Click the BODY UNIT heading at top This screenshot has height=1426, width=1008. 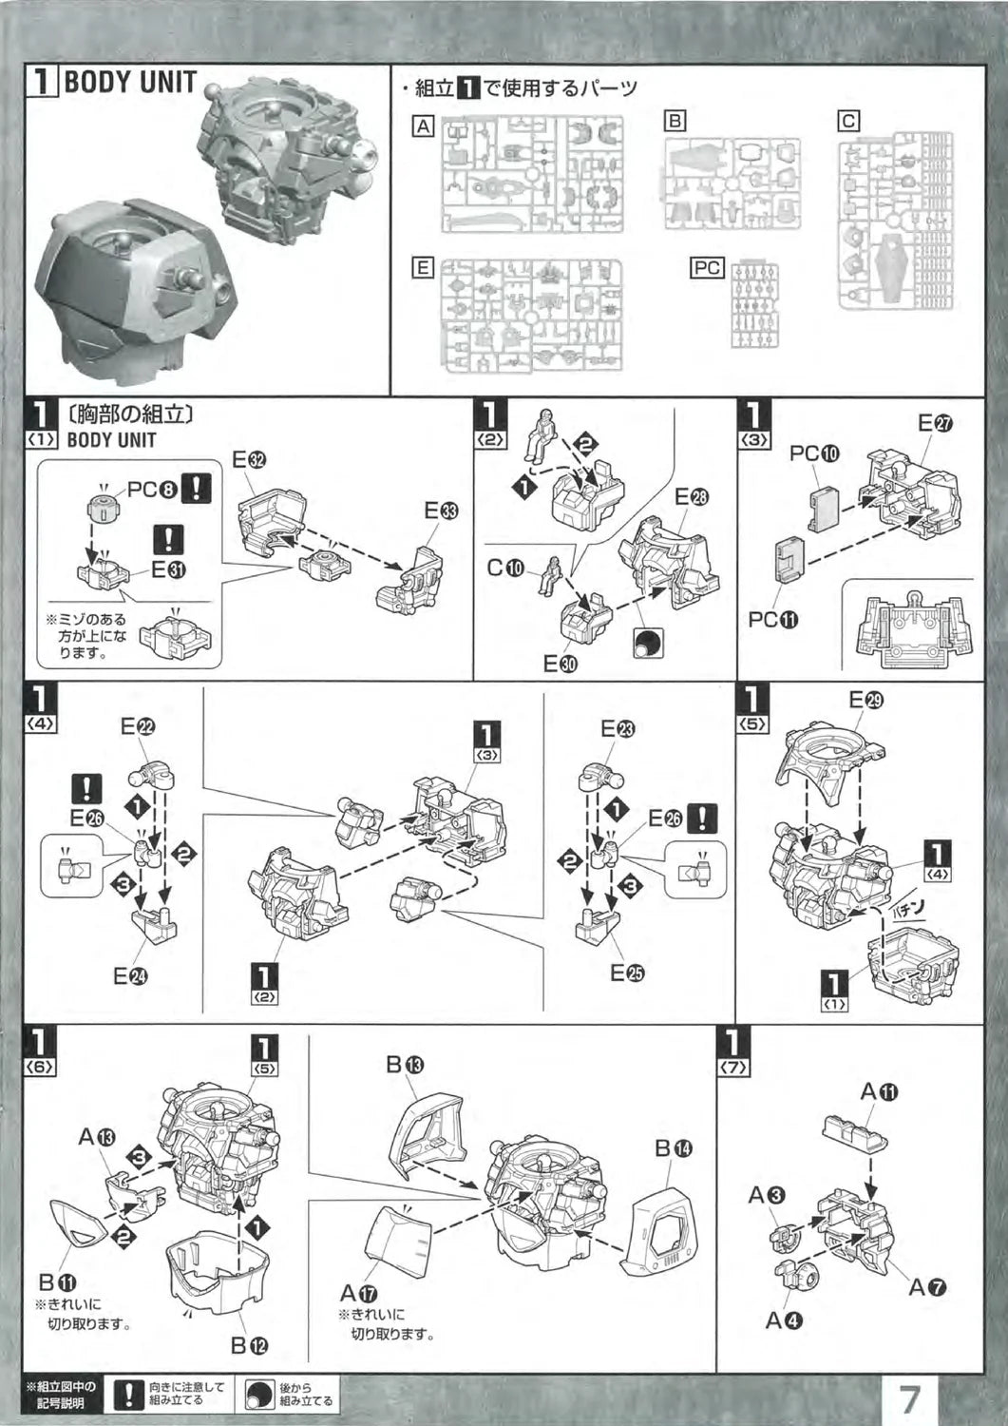[129, 83]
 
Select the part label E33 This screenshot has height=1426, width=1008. [441, 511]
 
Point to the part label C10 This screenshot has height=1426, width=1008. [505, 568]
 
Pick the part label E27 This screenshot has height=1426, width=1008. [934, 425]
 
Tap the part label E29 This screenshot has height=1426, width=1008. [865, 701]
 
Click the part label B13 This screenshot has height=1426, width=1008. [404, 1065]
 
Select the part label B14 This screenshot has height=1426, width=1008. [674, 1148]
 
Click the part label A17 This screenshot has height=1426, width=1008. [358, 1293]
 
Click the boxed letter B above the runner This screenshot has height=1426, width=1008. [675, 121]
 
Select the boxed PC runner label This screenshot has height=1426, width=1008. [706, 268]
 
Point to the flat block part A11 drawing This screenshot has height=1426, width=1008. [854, 1131]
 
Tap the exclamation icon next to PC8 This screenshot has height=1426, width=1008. [197, 489]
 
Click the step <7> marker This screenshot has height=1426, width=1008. [736, 1052]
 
